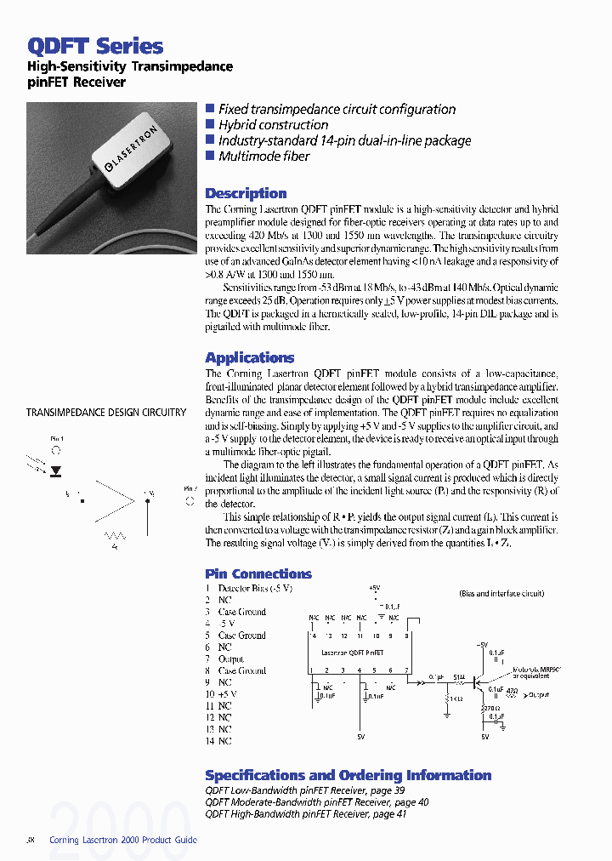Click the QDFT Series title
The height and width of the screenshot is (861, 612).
click(95, 46)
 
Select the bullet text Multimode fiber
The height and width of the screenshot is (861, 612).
click(263, 157)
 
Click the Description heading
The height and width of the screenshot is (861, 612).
click(246, 193)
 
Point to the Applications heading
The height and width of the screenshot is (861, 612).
click(249, 357)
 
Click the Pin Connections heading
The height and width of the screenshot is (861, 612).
click(258, 573)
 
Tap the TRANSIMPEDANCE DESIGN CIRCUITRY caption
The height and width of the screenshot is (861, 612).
click(106, 413)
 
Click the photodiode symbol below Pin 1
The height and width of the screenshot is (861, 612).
click(56, 470)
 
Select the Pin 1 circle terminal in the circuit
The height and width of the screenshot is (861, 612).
click(56, 451)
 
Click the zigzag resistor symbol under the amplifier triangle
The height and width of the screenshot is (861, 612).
click(115, 536)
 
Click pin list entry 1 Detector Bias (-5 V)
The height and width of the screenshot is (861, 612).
click(248, 588)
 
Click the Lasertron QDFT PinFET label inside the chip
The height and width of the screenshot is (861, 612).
click(352, 653)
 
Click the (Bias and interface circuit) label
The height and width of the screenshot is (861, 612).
click(501, 593)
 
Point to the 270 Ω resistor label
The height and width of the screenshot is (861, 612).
click(489, 707)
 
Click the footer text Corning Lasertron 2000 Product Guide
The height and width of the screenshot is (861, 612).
click(123, 840)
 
